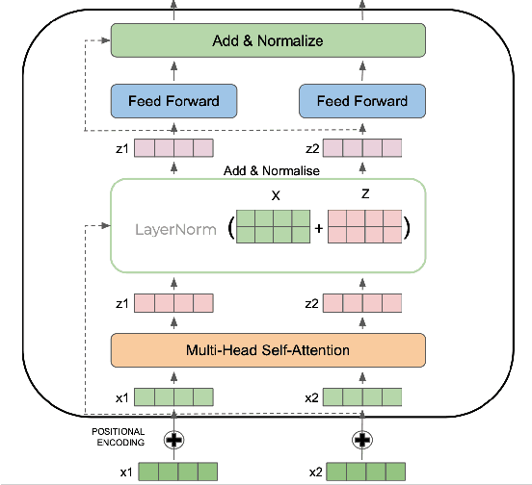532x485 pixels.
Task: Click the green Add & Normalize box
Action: tap(267, 41)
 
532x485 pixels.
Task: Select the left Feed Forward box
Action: tap(173, 100)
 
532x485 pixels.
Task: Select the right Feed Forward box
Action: tap(362, 100)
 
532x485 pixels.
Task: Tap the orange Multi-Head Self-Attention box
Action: tap(267, 349)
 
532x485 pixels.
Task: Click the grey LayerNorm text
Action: tap(174, 231)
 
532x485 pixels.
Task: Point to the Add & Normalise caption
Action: tap(271, 170)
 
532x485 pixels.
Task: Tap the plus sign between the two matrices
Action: tap(318, 231)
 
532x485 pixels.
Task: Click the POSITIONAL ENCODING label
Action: tap(119, 436)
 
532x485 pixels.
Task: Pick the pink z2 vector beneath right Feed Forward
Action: tap(362, 148)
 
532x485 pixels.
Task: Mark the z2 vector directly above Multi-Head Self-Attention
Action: tap(362, 303)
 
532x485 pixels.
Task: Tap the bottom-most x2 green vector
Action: tap(362, 472)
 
